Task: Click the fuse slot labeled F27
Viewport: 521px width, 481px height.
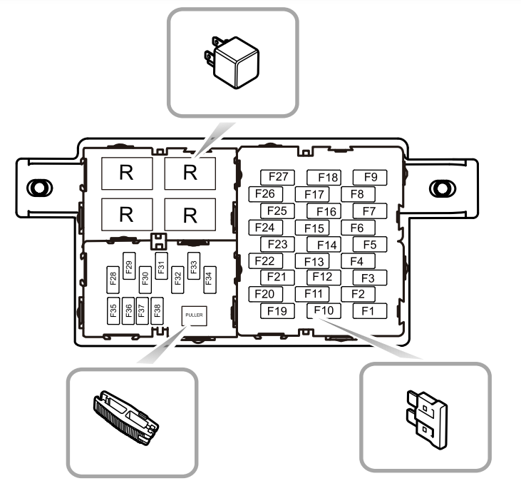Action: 277,177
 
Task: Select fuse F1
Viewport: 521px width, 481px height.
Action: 369,311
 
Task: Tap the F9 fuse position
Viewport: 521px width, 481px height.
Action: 370,177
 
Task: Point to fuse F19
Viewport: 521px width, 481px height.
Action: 277,311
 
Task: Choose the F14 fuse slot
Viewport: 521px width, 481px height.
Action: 324,245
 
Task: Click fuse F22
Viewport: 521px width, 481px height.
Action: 266,260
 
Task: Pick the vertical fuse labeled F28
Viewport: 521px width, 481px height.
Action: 113,280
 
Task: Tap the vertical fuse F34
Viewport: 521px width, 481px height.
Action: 210,280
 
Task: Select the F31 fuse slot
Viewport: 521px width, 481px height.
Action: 161,265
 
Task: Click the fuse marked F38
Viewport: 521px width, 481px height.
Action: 158,310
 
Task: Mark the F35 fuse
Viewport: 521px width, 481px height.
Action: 113,310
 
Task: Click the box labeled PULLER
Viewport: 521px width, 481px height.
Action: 194,315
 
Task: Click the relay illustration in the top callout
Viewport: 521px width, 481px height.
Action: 232,63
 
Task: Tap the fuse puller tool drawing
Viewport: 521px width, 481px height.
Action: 125,417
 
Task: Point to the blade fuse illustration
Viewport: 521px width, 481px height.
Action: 427,420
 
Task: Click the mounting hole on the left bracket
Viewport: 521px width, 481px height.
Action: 39,188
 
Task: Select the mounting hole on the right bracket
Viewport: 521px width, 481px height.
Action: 443,188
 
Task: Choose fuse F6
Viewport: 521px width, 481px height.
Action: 358,228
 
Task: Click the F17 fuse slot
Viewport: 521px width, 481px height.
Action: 312,194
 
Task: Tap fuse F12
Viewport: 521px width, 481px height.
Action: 324,278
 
